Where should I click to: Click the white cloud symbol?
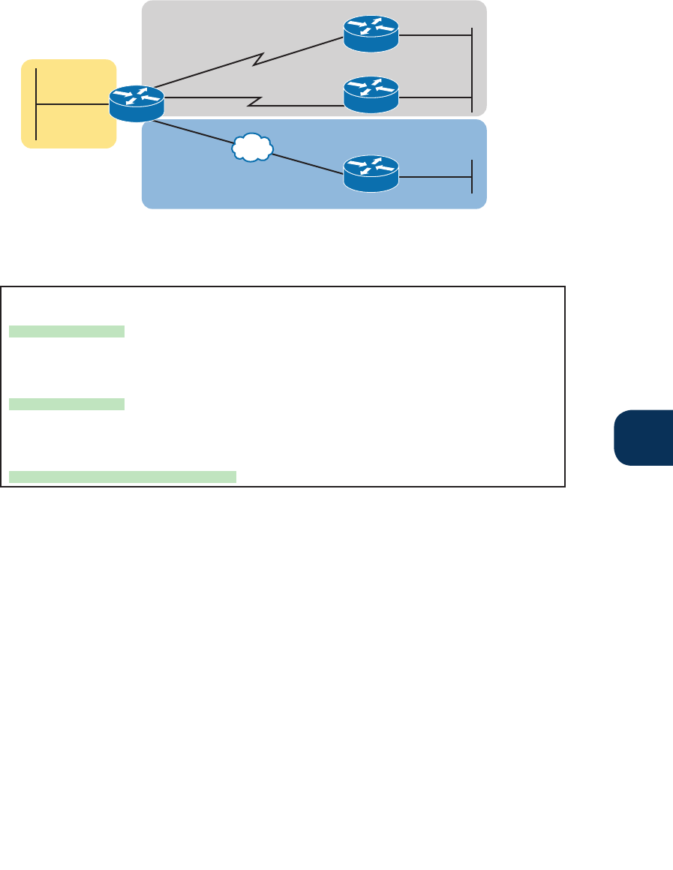[x=252, y=148]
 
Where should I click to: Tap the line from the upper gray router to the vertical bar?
[x=435, y=34]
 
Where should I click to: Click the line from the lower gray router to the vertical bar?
[x=435, y=96]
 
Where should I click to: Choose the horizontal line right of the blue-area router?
[x=435, y=176]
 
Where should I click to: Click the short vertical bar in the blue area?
[x=472, y=176]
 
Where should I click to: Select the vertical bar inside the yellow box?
[x=36, y=103]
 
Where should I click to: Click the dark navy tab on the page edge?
[x=644, y=437]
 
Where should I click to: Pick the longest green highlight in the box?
[x=122, y=475]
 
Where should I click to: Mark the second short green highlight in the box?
[x=67, y=405]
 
